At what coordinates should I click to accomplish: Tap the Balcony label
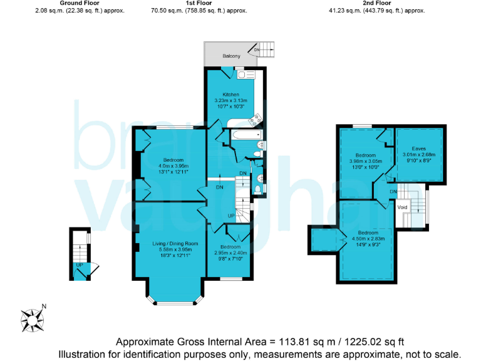point(232,56)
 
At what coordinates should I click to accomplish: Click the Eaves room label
point(419,149)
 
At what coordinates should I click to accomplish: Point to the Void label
point(403,207)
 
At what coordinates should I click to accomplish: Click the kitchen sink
point(245,73)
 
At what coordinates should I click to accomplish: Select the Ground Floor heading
point(77,3)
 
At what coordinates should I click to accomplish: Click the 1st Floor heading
point(198,3)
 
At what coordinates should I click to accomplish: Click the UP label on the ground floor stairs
point(79,264)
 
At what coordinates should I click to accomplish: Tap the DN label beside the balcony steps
point(256,49)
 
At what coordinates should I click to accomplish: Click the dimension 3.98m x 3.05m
point(365,161)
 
